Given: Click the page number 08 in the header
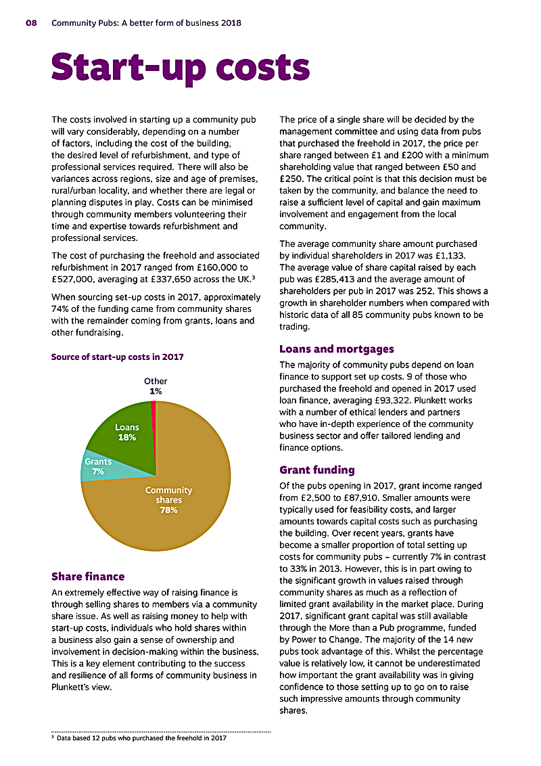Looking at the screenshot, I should [x=32, y=23].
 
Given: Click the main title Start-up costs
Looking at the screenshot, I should [x=181, y=68].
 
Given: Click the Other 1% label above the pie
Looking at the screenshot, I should [x=156, y=386].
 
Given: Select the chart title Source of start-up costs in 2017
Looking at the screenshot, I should [x=117, y=357].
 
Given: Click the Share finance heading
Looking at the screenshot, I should [x=88, y=577].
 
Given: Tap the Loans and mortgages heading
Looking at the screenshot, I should [x=336, y=349].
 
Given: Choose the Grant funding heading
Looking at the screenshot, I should [x=316, y=470].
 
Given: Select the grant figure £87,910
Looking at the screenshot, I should [x=372, y=497].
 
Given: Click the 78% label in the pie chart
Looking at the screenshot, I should [x=168, y=510].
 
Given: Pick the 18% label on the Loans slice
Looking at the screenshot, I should [x=127, y=437].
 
